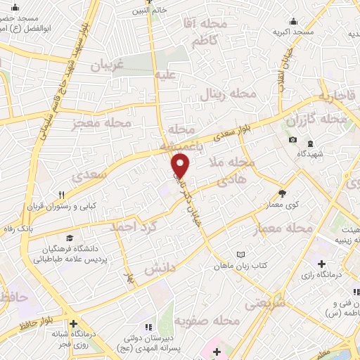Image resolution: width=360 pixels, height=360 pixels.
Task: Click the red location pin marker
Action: pyautogui.click(x=181, y=165)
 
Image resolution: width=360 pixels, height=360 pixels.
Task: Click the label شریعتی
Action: pyautogui.click(x=264, y=303)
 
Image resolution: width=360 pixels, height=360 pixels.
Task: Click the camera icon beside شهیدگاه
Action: pyautogui.click(x=292, y=139)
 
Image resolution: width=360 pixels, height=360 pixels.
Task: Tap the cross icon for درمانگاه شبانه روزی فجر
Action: pyautogui.click(x=73, y=324)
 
